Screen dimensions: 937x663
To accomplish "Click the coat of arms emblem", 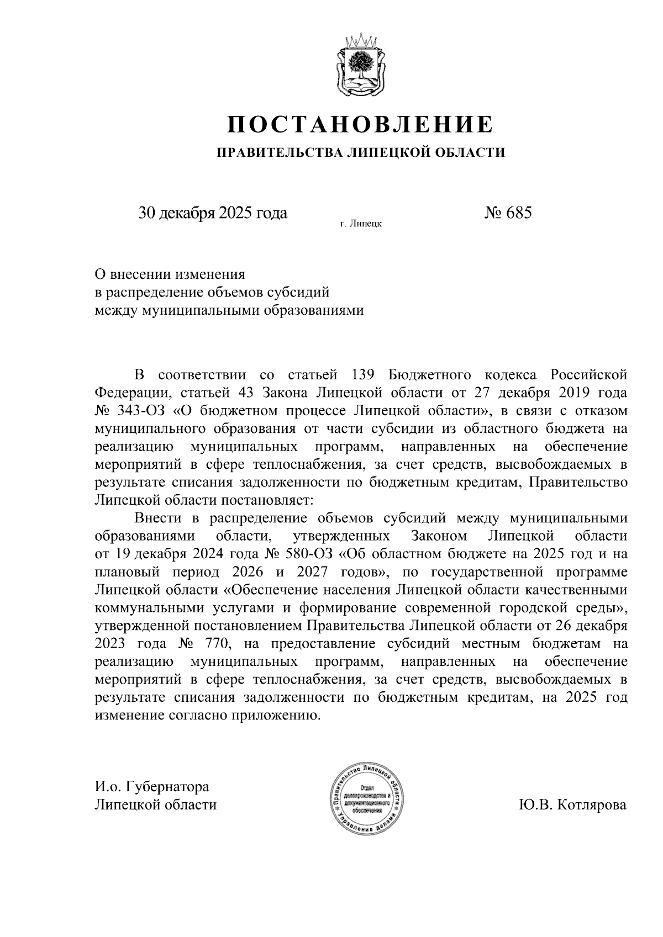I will click(x=360, y=67).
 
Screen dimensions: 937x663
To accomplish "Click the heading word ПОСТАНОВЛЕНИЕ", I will click(x=360, y=124).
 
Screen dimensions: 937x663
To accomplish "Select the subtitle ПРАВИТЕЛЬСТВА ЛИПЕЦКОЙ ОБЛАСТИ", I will click(x=360, y=152).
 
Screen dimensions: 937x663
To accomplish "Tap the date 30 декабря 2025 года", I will click(x=213, y=213).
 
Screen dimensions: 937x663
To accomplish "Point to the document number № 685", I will click(x=507, y=213).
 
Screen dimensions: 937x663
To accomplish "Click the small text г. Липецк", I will click(x=361, y=224).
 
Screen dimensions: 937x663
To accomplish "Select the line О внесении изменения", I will click(x=170, y=274).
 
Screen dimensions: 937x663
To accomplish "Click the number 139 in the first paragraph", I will click(x=363, y=375).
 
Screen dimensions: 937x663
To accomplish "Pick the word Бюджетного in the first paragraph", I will click(x=430, y=375).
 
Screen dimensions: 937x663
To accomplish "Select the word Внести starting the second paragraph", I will click(x=159, y=518).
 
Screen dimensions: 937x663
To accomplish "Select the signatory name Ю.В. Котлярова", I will click(x=573, y=804).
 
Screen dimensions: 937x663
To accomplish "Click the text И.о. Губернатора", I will click(x=152, y=786).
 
